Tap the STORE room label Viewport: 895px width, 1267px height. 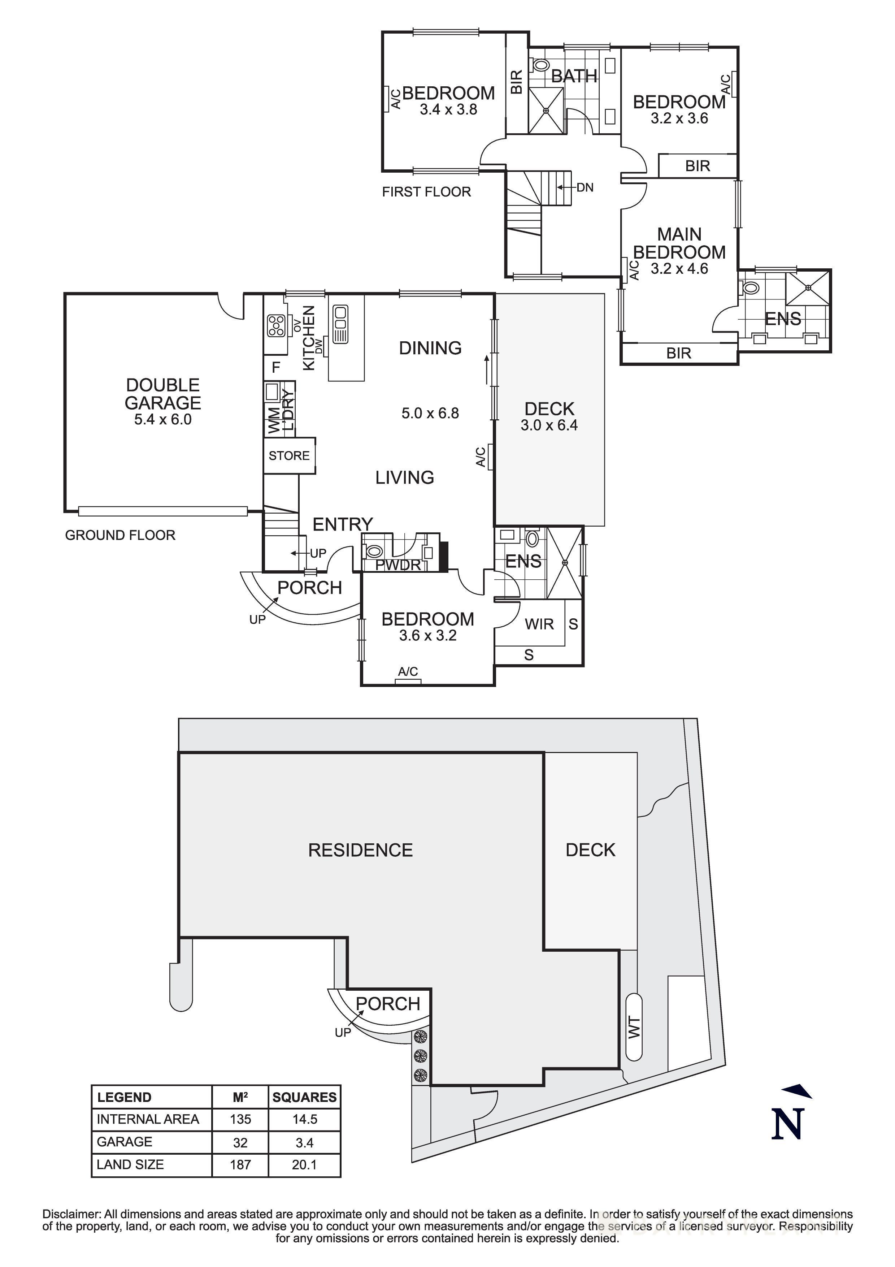[289, 456]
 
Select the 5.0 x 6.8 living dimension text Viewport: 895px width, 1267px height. [430, 413]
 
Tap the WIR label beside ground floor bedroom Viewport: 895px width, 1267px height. [539, 624]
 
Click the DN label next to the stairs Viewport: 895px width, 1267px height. [585, 187]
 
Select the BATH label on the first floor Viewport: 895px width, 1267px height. [574, 76]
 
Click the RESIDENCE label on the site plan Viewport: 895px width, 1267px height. [360, 850]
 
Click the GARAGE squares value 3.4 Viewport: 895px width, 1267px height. [304, 1142]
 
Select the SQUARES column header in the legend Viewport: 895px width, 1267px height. [304, 1097]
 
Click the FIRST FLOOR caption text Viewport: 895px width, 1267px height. [426, 192]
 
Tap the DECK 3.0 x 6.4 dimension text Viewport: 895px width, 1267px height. [549, 425]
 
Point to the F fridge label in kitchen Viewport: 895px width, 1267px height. [276, 367]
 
